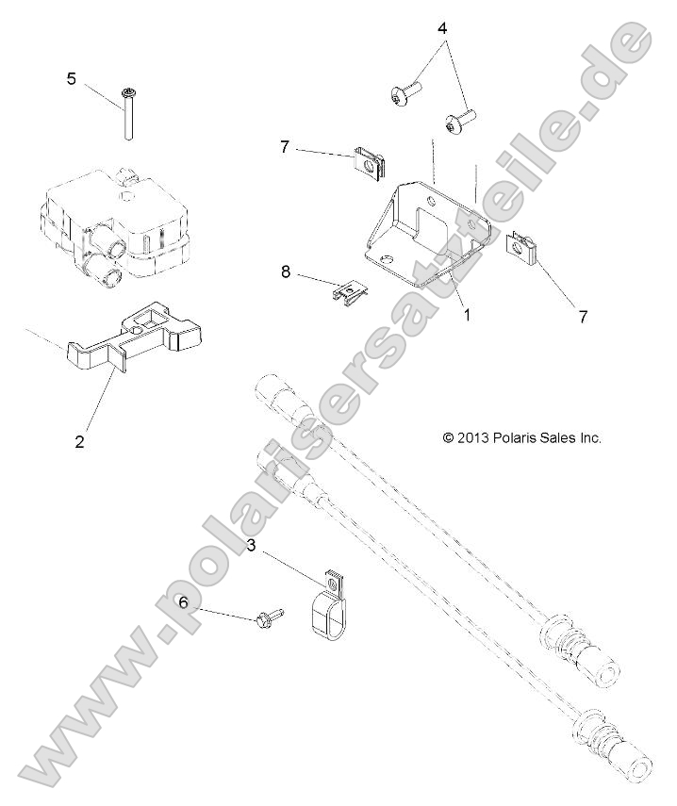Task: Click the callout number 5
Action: pos(71,78)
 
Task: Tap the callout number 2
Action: pos(80,440)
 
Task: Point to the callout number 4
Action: pos(441,28)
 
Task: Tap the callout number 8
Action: pos(285,272)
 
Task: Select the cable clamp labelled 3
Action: pos(326,603)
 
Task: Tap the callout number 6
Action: pos(184,601)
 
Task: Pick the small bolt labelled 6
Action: pos(265,618)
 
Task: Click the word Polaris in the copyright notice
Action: pos(515,437)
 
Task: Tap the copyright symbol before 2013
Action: pos(449,437)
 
